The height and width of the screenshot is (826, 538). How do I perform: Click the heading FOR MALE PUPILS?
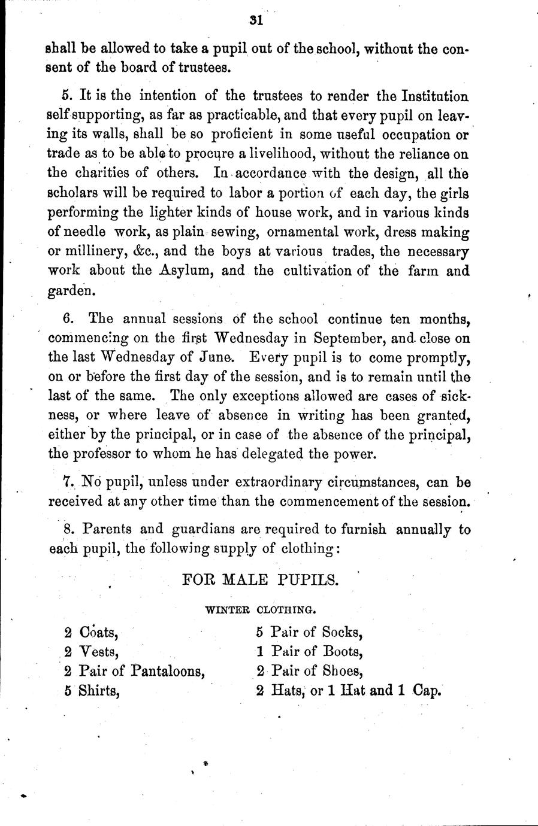(260, 579)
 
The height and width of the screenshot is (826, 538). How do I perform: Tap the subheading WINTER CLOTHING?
(260, 610)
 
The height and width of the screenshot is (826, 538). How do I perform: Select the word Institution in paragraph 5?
(427, 96)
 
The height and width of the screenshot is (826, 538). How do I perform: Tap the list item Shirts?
(99, 691)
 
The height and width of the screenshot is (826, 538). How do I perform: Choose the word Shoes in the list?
(343, 671)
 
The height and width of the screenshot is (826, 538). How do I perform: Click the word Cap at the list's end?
(427, 691)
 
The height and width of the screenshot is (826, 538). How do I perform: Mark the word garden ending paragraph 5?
(71, 291)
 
